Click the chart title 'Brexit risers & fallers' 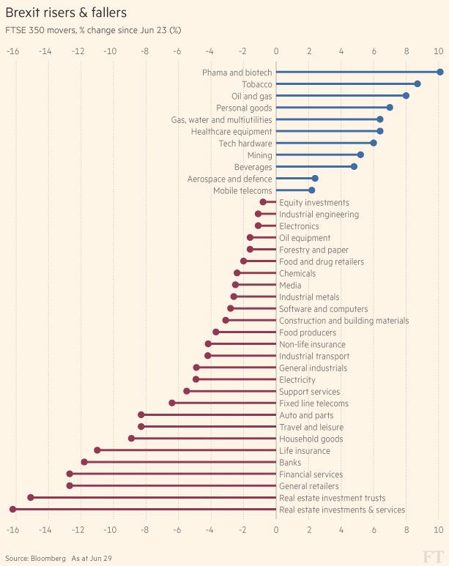pos(66,12)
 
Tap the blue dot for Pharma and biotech pos(439,72)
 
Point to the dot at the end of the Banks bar pos(84,462)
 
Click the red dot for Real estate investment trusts pos(31,497)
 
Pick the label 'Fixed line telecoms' pos(313,403)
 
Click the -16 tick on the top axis pos(12,51)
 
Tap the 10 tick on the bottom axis pos(439,530)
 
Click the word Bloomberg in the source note pos(49,558)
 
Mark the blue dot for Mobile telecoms pos(311,190)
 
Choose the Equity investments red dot pos(263,202)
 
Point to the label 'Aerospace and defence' pos(229,179)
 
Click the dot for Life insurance pos(97,450)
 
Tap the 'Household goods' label pos(311,439)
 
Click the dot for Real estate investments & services pos(12,509)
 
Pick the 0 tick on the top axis pos(276,51)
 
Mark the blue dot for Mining pos(360,154)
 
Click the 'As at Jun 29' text pos(92,558)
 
